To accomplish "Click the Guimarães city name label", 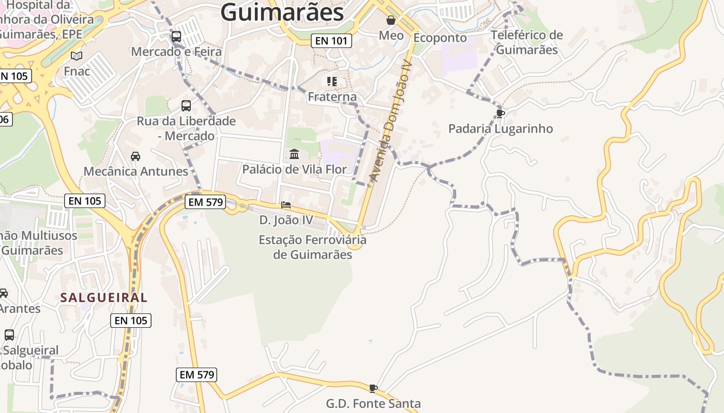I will (x=282, y=12).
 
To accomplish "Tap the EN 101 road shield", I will (x=331, y=41).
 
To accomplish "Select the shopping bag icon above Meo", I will (x=391, y=21).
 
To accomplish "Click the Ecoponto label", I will (x=440, y=38).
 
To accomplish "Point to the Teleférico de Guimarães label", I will (x=526, y=42).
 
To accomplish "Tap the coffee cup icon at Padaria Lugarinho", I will (x=500, y=114).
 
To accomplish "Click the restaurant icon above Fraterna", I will (x=332, y=82).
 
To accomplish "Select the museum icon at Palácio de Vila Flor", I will (x=295, y=154).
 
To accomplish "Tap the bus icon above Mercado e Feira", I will (x=176, y=37).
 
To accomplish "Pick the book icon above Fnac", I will (x=77, y=56).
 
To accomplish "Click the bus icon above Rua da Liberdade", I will (x=186, y=106).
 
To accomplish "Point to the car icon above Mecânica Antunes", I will (x=135, y=156).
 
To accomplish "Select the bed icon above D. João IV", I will (x=286, y=205).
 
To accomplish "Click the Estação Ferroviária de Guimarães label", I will (x=312, y=247).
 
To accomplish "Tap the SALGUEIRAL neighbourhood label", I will (x=104, y=297).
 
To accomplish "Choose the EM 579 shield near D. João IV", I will (x=206, y=202).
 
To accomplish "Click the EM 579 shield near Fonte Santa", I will (x=197, y=375).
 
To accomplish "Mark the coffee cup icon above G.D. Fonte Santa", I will (x=373, y=388).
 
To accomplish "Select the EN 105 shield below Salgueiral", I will (x=131, y=321).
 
